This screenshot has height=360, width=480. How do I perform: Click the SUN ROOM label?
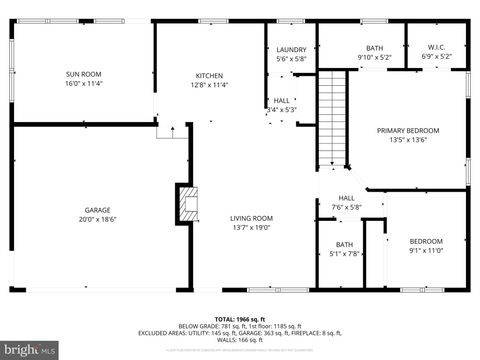click(x=83, y=75)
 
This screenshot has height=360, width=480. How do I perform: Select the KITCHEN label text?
click(x=209, y=76)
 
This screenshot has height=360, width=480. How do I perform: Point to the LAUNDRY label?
click(x=291, y=49)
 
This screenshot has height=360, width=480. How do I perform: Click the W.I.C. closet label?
click(x=435, y=47)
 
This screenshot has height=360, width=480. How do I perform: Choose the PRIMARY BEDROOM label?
click(x=407, y=131)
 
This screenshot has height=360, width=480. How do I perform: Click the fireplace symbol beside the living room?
click(x=186, y=204)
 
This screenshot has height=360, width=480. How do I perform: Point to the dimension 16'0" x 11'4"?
click(x=83, y=84)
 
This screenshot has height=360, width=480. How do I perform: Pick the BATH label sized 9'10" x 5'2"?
click(x=374, y=56)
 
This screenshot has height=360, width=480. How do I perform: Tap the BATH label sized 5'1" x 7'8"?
click(x=344, y=253)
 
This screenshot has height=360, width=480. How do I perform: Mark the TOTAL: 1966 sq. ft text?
click(x=239, y=318)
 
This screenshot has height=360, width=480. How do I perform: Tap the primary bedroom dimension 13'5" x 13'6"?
click(x=407, y=140)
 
